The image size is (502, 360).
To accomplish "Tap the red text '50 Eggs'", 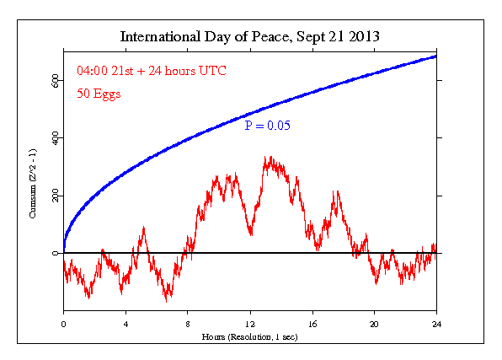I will tap(99, 94).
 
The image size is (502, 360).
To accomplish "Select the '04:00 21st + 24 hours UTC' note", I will tap(140, 71).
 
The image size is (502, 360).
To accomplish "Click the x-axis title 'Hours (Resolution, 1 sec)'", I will tap(251, 336).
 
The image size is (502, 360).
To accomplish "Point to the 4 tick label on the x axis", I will tap(125, 324).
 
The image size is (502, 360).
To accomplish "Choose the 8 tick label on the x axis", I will tap(188, 324).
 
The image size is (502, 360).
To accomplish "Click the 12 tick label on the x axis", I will tap(250, 324).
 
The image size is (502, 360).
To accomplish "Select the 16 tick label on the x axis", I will tap(312, 324).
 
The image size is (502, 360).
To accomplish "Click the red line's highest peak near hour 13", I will tap(268, 157).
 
